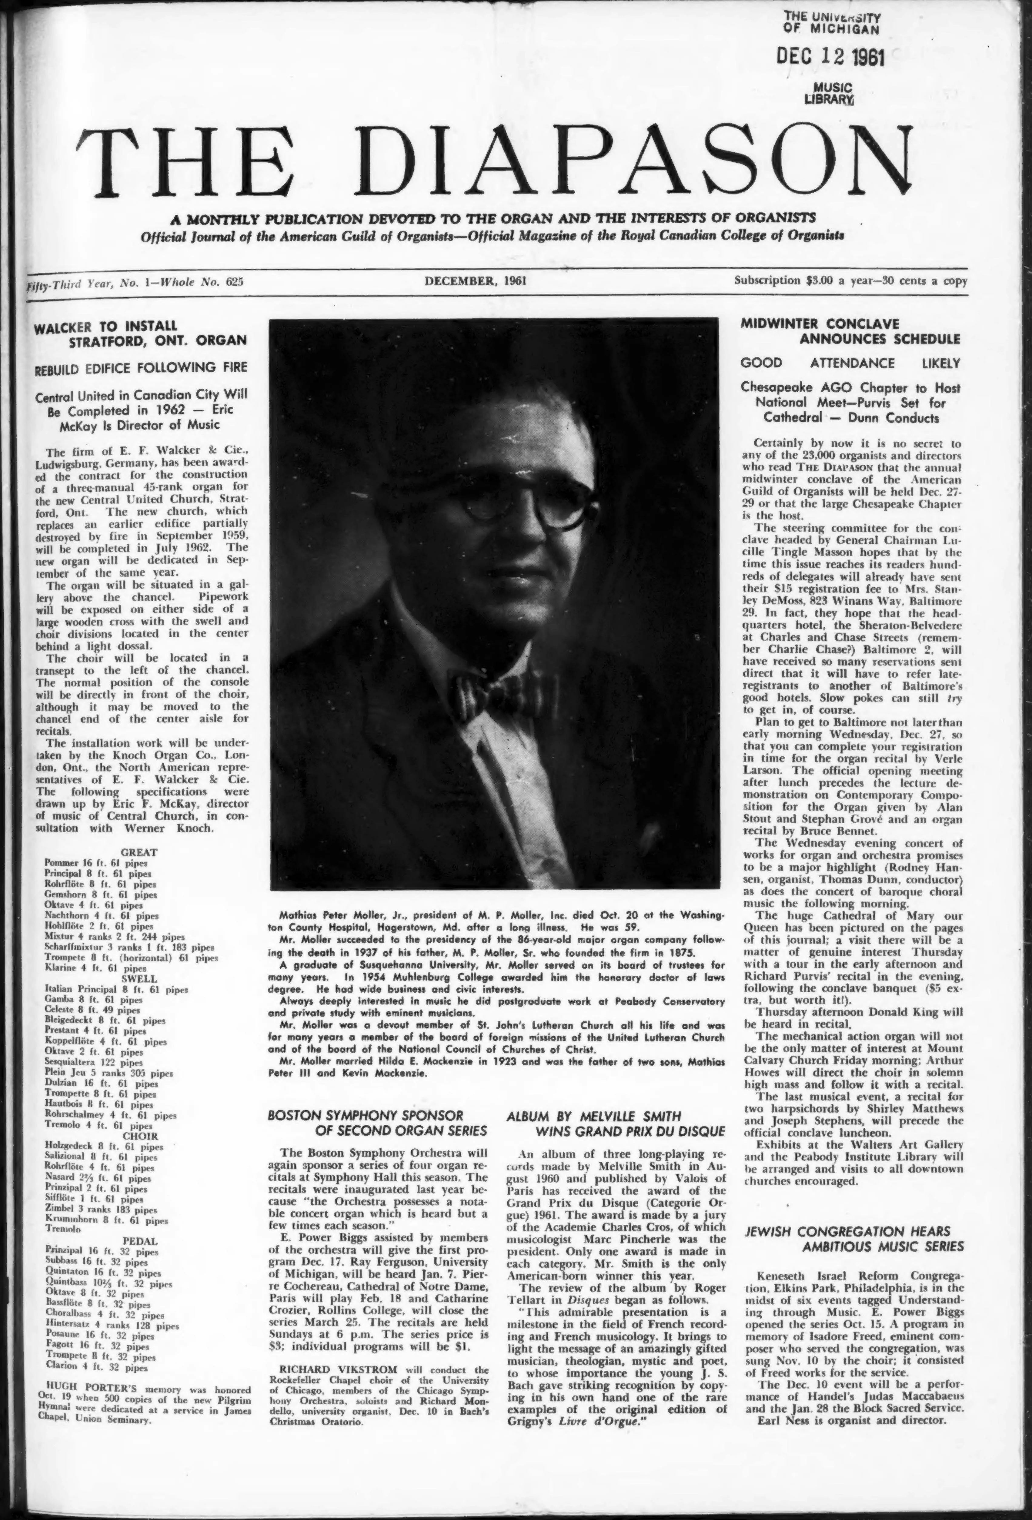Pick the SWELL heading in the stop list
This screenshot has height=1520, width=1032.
click(x=139, y=978)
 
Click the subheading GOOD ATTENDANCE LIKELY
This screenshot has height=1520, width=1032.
click(x=850, y=363)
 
